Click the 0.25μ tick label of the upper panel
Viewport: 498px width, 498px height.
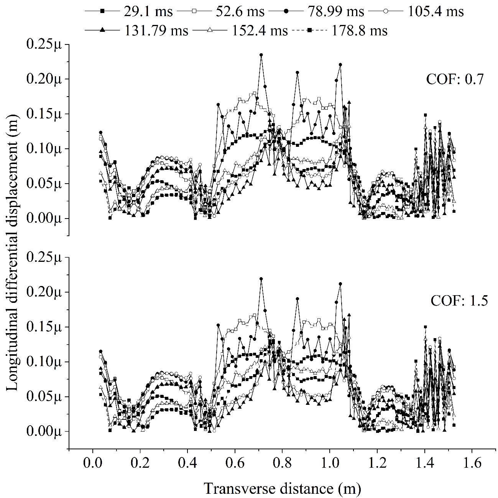pyautogui.click(x=43, y=44)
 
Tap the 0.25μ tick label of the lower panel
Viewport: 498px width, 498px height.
pyautogui.click(x=43, y=258)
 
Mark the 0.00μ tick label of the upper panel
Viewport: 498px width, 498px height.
pyautogui.click(x=43, y=219)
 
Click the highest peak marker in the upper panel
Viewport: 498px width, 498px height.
pyautogui.click(x=261, y=55)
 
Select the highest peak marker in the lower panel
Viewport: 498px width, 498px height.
pyautogui.click(x=261, y=279)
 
